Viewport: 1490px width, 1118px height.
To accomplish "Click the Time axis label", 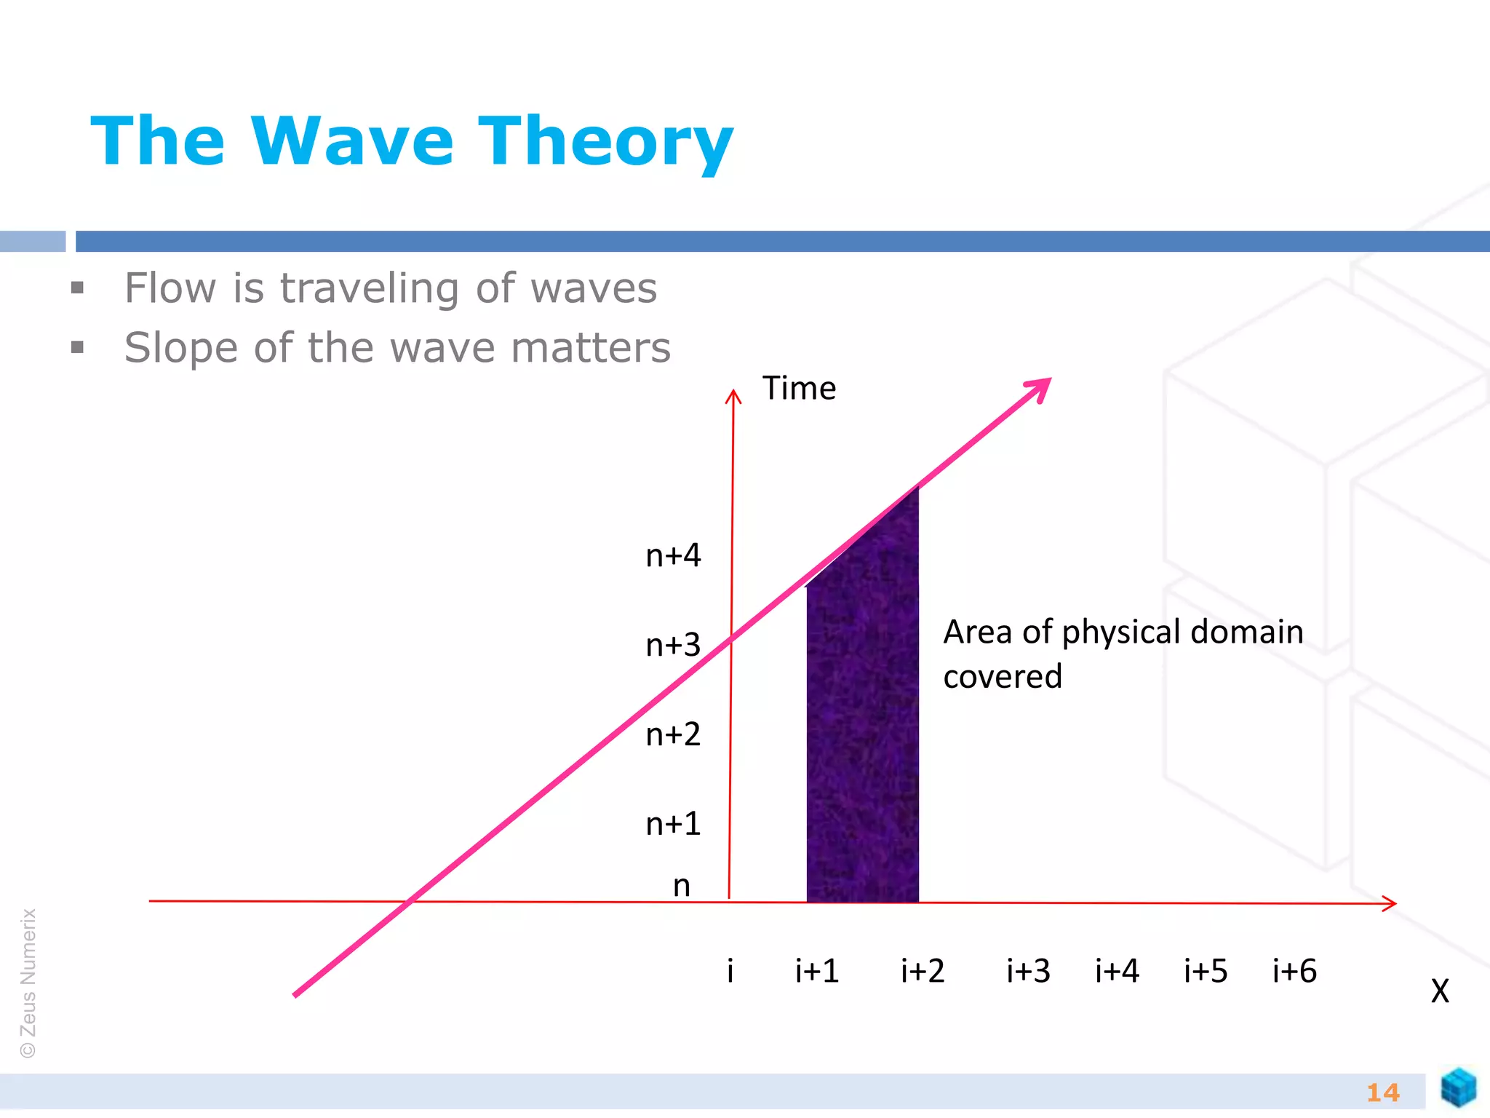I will (799, 388).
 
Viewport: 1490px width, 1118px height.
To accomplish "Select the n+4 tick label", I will (673, 555).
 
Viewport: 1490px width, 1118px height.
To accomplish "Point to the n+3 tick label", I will (673, 645).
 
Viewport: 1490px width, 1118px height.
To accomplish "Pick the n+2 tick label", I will (673, 734).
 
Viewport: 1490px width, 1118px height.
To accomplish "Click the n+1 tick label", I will (673, 824).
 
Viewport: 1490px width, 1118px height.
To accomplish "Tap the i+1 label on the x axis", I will (817, 971).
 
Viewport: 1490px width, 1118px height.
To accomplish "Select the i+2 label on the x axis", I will (923, 971).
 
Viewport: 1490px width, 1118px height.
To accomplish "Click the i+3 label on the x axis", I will (1028, 971).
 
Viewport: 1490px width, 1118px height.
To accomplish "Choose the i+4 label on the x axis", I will (1117, 971).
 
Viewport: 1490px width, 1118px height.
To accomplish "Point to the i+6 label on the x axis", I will (1294, 971).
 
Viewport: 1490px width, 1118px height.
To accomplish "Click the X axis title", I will (1440, 991).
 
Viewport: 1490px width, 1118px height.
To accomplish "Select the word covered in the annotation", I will (1003, 677).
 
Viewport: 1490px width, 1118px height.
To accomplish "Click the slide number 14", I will (1382, 1093).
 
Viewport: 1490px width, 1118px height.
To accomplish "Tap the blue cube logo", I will (1458, 1087).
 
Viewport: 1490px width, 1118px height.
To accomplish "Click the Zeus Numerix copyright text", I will (28, 983).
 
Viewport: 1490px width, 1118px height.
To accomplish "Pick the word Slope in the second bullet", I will (180, 348).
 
